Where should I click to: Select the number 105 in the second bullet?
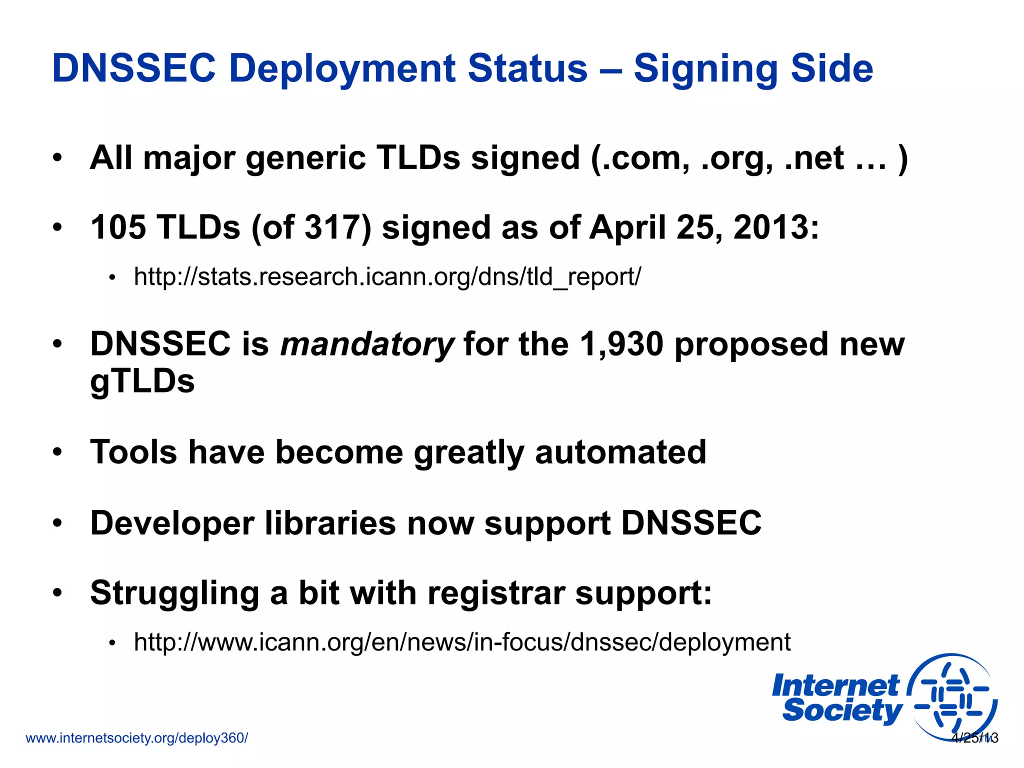118,227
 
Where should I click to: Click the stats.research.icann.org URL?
387,276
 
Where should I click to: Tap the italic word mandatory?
367,344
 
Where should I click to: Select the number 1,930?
621,344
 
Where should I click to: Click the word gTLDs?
142,381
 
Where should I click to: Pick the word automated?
620,452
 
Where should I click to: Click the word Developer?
172,523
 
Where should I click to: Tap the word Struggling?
174,593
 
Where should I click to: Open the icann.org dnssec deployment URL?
462,642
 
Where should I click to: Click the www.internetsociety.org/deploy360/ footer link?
136,738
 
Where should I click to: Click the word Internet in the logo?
835,686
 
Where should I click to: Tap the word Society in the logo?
842,710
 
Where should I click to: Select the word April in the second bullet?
627,227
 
